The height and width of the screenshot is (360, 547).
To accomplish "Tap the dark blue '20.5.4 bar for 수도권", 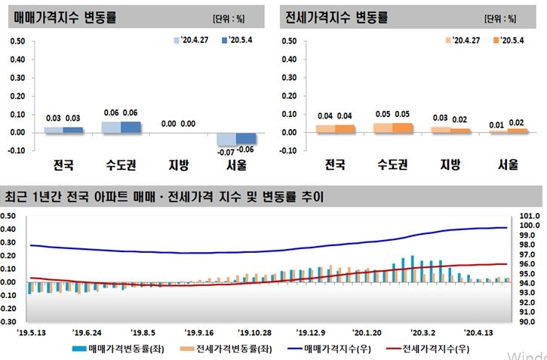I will [x=131, y=127].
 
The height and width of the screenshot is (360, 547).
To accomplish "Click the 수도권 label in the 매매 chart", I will [x=120, y=165].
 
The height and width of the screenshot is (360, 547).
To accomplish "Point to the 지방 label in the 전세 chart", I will [x=449, y=165].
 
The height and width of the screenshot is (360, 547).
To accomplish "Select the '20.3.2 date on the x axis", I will [x=423, y=332].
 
